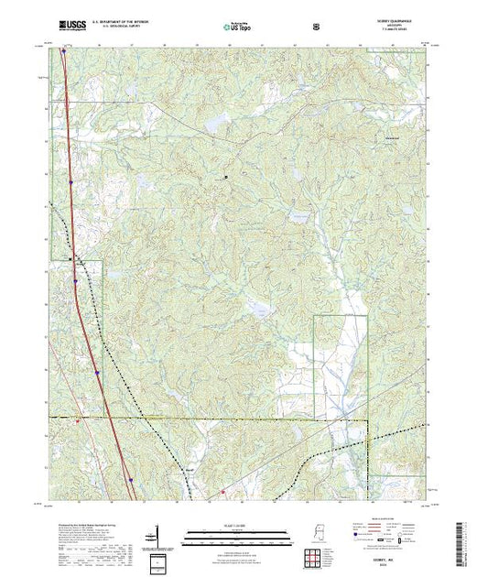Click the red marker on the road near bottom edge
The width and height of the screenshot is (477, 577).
tap(222, 493)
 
